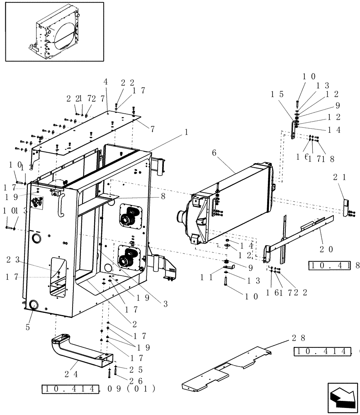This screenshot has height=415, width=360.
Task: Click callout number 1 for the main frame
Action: [186, 132]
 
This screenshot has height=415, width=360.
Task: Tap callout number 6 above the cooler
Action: [214, 153]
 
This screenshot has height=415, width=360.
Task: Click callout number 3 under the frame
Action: [165, 304]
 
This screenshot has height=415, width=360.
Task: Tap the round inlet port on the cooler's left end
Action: [181, 216]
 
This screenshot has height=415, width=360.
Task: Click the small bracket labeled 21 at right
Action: [345, 206]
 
